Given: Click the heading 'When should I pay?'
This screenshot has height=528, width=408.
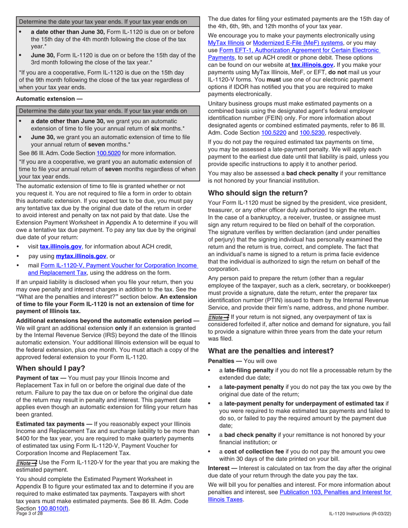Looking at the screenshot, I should click(x=51, y=368).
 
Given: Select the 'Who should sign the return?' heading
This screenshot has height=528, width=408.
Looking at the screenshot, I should click(x=257, y=193).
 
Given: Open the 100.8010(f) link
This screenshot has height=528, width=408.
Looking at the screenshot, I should click(x=54, y=509).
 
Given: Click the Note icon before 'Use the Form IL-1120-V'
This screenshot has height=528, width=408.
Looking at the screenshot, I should click(x=27, y=462).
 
